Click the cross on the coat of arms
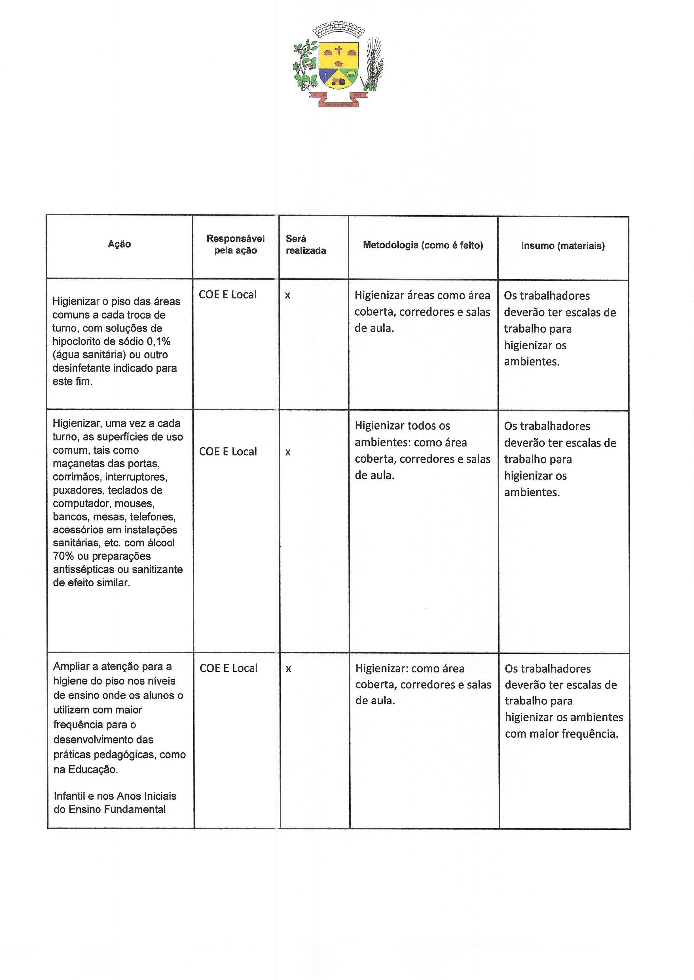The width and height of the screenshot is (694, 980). [338, 51]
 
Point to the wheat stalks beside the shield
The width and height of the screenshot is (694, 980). [374, 64]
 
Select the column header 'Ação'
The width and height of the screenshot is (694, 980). [119, 244]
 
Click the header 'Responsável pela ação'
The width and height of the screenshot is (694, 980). [236, 244]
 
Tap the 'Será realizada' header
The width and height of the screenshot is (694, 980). [306, 244]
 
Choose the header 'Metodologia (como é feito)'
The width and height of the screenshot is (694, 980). [423, 245]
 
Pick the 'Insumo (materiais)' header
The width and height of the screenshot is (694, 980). [563, 246]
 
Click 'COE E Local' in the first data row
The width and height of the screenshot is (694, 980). [228, 294]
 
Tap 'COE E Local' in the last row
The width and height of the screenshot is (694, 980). [228, 668]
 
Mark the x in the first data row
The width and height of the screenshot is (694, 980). [287, 295]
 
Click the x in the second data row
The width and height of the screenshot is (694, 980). [288, 452]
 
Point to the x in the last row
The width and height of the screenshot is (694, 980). [288, 669]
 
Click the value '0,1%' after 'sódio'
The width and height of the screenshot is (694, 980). [158, 341]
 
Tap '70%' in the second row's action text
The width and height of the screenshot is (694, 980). [63, 556]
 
